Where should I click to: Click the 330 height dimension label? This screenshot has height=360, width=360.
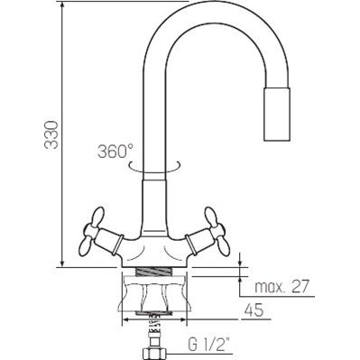coord(51,134)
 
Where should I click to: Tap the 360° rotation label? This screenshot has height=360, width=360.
coord(115,151)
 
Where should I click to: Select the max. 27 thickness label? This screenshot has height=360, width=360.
coord(282,287)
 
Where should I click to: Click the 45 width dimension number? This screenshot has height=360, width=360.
coord(254,309)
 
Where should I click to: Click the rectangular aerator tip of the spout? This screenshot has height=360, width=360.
coord(277,114)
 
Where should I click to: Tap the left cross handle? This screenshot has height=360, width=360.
coord(90,232)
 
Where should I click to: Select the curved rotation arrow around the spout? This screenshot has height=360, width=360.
coord(154,168)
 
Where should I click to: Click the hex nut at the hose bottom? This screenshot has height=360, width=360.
coord(154,354)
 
